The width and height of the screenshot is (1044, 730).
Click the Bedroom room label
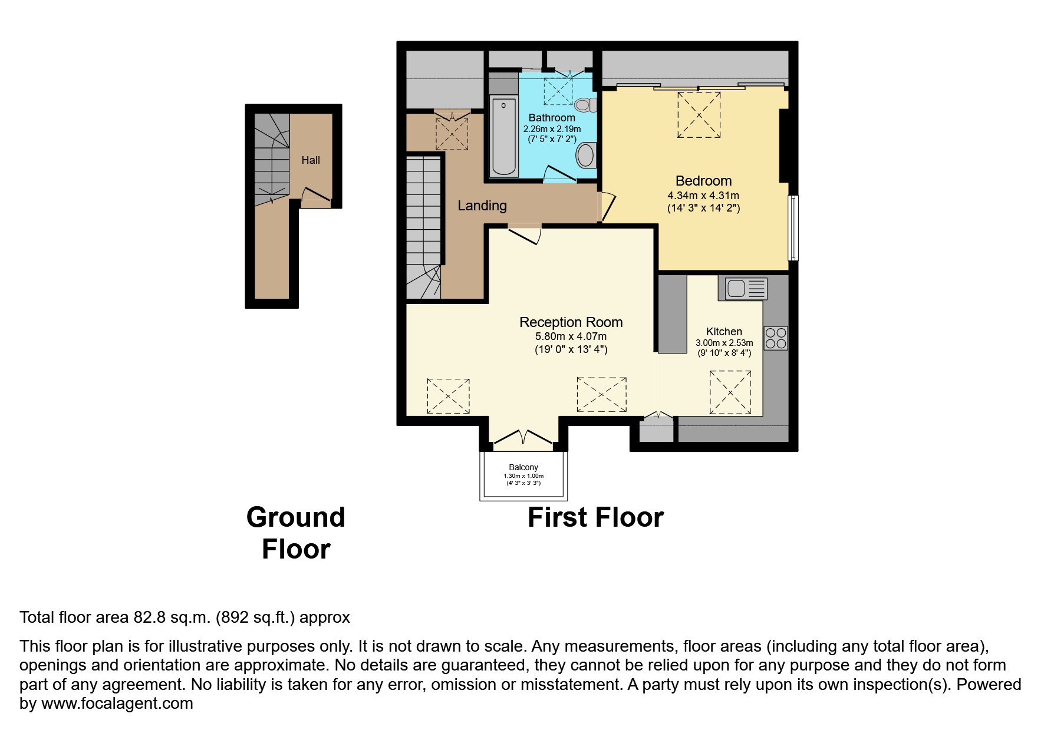(703, 181)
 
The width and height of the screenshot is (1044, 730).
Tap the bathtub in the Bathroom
(504, 137)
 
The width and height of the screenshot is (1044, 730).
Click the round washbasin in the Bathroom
(586, 156)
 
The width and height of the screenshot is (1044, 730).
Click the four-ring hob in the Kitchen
(775, 338)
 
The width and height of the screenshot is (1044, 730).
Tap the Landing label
(482, 206)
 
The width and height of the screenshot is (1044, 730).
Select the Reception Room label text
(571, 322)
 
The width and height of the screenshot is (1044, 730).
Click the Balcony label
(523, 467)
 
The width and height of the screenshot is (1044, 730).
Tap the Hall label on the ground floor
(311, 160)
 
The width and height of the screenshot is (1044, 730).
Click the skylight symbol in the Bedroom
(699, 115)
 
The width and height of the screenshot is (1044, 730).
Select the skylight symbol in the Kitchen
(730, 392)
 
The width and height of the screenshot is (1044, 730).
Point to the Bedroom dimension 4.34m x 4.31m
(703, 196)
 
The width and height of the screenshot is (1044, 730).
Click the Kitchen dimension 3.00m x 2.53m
(724, 343)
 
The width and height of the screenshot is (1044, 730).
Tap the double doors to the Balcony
(523, 437)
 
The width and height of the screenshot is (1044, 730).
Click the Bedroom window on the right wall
(793, 228)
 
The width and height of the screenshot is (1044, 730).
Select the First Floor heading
(595, 517)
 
